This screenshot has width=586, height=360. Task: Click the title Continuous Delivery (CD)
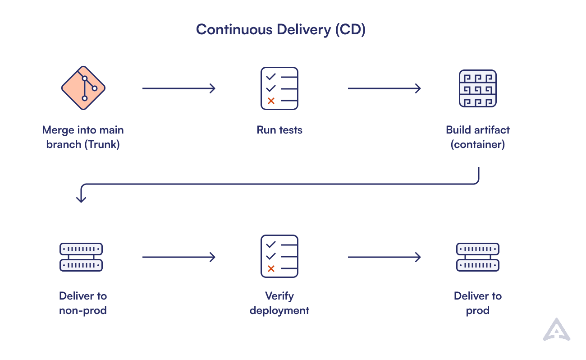[280, 30]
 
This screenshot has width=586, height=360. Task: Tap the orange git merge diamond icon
[83, 88]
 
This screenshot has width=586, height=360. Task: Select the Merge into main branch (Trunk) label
[83, 137]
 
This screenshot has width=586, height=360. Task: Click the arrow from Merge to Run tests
[179, 88]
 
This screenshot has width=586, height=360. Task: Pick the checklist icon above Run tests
[279, 88]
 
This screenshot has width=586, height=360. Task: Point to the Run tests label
[279, 130]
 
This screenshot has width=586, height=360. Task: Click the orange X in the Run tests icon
[271, 101]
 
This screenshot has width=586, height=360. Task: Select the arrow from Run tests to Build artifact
[384, 88]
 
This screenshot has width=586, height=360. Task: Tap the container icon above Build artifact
[477, 88]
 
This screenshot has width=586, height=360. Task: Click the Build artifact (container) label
[478, 137]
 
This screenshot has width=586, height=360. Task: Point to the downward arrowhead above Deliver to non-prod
[81, 198]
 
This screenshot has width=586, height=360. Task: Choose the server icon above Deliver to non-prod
[81, 257]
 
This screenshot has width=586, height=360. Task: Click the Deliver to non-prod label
[83, 303]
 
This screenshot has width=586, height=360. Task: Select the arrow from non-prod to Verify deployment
[179, 257]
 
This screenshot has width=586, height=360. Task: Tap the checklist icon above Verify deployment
[279, 256]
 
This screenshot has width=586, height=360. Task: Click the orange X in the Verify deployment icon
[271, 269]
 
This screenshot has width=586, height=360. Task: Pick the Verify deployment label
[279, 303]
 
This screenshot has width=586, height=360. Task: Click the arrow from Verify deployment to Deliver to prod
[384, 257]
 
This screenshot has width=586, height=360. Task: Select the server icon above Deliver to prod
[478, 257]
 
